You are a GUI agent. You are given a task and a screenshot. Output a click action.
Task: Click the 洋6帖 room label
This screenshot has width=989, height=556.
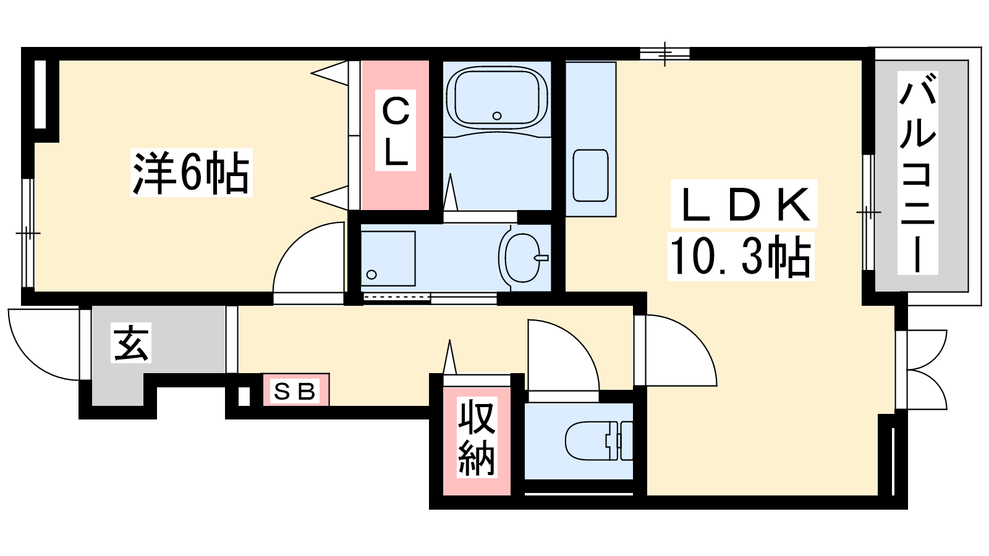coord(191,172)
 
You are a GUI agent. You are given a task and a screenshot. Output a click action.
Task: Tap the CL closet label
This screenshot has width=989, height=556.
coord(395,130)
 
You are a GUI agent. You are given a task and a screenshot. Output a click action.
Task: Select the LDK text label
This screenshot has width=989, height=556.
coord(744,203)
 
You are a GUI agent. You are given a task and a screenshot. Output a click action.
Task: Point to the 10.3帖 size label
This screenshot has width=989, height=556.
coord(741,256)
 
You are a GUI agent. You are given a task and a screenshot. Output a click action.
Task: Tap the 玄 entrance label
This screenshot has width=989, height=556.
coord(130,343)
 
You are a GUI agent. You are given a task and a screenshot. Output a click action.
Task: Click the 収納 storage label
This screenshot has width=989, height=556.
coord(477,437)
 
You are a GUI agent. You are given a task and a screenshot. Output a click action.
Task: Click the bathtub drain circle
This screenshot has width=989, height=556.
coord(497,116)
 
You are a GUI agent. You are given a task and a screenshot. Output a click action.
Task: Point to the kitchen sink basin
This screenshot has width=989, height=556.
coord(590,175)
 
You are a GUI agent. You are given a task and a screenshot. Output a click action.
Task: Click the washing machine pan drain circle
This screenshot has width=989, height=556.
coord(371,274)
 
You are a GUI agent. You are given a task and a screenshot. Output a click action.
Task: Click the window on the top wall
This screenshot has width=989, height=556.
coord(664,54)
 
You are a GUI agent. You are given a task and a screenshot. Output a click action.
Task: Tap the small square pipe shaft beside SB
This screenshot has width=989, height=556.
coord(244,396)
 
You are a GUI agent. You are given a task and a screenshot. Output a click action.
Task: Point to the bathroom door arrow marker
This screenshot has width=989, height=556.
coord(451,192)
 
